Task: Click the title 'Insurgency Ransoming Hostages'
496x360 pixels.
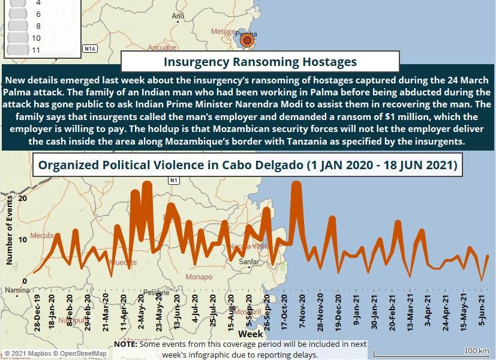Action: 260,62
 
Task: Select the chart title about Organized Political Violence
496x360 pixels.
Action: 248,165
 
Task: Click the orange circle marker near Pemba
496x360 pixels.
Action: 247,41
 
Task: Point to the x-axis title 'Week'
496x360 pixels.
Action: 250,332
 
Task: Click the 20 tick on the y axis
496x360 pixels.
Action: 23,198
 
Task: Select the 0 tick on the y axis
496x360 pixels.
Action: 25,281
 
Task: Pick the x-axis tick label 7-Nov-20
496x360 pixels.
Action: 302,310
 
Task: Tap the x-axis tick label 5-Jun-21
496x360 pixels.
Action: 480,310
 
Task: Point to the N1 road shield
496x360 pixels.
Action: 174,180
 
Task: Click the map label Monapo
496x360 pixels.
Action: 199,277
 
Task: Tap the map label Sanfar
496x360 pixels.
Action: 249,262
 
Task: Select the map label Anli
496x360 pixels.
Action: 178,16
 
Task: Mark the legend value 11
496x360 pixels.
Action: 36,50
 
